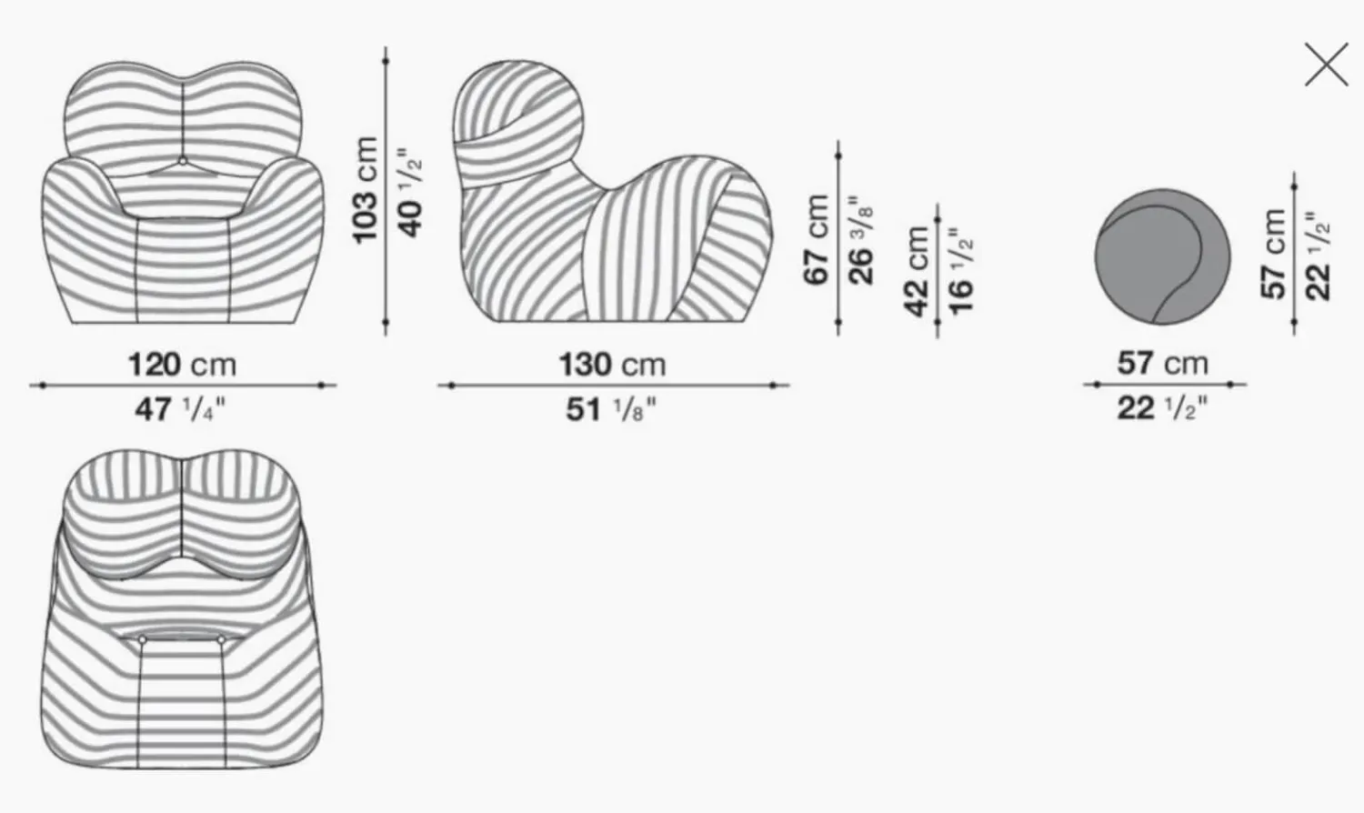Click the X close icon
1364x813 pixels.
pos(1326,65)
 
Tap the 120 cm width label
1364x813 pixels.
pos(182,365)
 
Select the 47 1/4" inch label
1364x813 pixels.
pos(180,409)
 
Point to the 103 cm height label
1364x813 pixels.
pos(366,190)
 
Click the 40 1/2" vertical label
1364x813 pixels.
pos(410,192)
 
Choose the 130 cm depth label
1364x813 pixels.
pos(613,365)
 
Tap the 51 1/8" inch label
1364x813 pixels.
pos(611,409)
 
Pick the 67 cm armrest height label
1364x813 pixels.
pos(817,239)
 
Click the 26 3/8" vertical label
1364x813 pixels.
pos(861,240)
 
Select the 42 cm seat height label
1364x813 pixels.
pos(917,272)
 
